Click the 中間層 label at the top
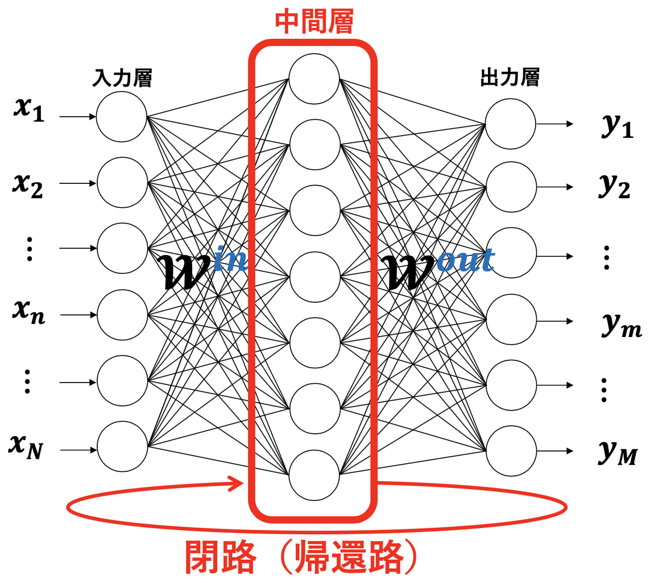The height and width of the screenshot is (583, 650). click(314, 22)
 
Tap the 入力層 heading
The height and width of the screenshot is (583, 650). click(122, 79)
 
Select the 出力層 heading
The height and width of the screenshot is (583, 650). click(510, 79)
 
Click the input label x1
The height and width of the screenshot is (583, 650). click(28, 112)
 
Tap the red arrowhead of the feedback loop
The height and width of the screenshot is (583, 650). click(239, 485)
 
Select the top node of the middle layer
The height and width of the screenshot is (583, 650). click(314, 79)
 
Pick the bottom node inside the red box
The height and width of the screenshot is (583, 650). click(314, 474)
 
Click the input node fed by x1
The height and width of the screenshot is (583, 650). click(122, 117)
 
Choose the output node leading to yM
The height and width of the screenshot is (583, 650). click(511, 450)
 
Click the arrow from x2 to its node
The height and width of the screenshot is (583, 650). click(77, 183)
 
